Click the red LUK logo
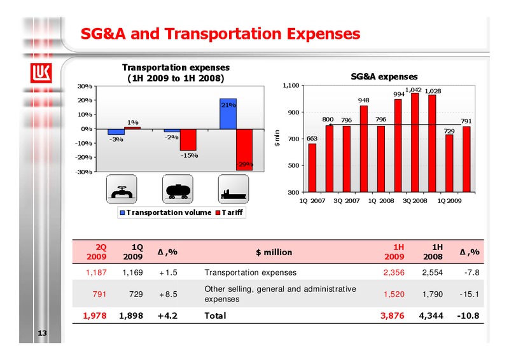(41, 73)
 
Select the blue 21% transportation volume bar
(228, 114)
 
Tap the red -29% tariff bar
(244, 149)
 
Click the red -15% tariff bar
(188, 140)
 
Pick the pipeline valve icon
(122, 190)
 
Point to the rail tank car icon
(178, 190)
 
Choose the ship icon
(234, 190)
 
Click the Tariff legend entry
(229, 212)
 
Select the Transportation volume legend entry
(165, 212)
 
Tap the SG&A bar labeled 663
(312, 168)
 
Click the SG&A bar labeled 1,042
(415, 142)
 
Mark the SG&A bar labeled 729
(449, 163)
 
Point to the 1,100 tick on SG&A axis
(291, 86)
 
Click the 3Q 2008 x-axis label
(415, 201)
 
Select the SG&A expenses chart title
(384, 76)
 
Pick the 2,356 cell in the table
(394, 272)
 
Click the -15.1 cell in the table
(469, 294)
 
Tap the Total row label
(215, 315)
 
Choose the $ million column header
(274, 253)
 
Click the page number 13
(42, 333)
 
